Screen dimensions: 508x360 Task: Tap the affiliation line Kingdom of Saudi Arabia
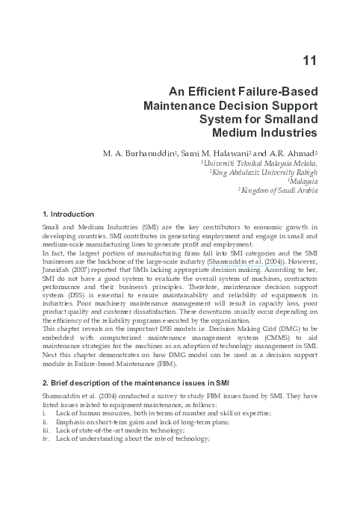(x=279, y=190)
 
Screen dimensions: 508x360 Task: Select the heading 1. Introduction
(x=68, y=214)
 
